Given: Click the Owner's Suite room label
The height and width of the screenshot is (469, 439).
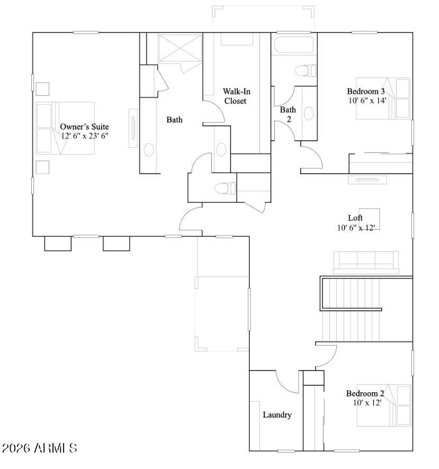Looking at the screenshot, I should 84,127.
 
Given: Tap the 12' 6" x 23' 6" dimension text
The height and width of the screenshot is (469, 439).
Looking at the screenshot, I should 84,136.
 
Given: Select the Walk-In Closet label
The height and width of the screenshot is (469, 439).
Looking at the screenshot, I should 236,96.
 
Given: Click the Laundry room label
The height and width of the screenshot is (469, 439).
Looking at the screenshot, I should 277,415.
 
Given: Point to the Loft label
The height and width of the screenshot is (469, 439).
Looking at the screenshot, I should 355,218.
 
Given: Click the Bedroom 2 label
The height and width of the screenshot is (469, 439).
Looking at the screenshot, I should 365,393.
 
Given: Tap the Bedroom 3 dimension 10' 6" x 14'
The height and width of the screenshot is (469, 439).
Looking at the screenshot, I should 367,100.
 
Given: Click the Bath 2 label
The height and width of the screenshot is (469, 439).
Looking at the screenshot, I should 288,114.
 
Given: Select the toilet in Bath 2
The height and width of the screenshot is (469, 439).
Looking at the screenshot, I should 306,70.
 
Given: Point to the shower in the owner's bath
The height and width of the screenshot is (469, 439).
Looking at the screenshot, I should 180,48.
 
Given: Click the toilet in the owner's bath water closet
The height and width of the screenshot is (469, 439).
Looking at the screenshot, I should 225,188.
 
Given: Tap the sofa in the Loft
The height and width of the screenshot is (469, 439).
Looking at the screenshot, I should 366,261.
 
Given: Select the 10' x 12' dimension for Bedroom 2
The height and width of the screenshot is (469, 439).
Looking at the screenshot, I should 364,403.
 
